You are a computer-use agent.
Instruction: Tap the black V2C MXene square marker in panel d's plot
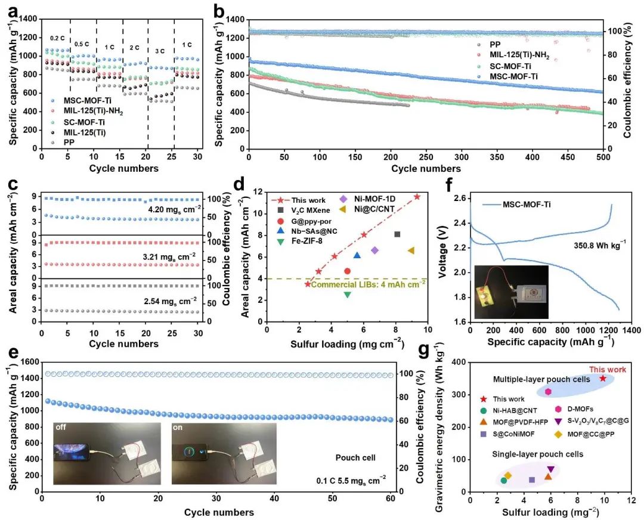pos(397,234)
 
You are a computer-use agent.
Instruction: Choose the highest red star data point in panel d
pos(417,196)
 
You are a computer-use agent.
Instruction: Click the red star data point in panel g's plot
pos(603,378)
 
